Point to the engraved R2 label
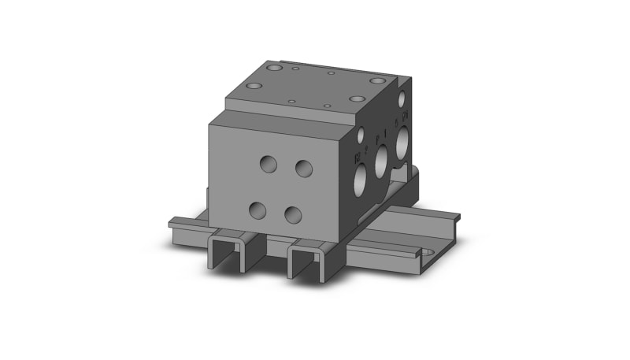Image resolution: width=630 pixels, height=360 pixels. pyautogui.click(x=358, y=155)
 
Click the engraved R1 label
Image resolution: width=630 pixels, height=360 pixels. pyautogui.click(x=404, y=120)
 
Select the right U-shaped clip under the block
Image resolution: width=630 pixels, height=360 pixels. pyautogui.click(x=308, y=259)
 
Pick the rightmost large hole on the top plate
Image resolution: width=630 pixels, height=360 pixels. pyautogui.click(x=358, y=99)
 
